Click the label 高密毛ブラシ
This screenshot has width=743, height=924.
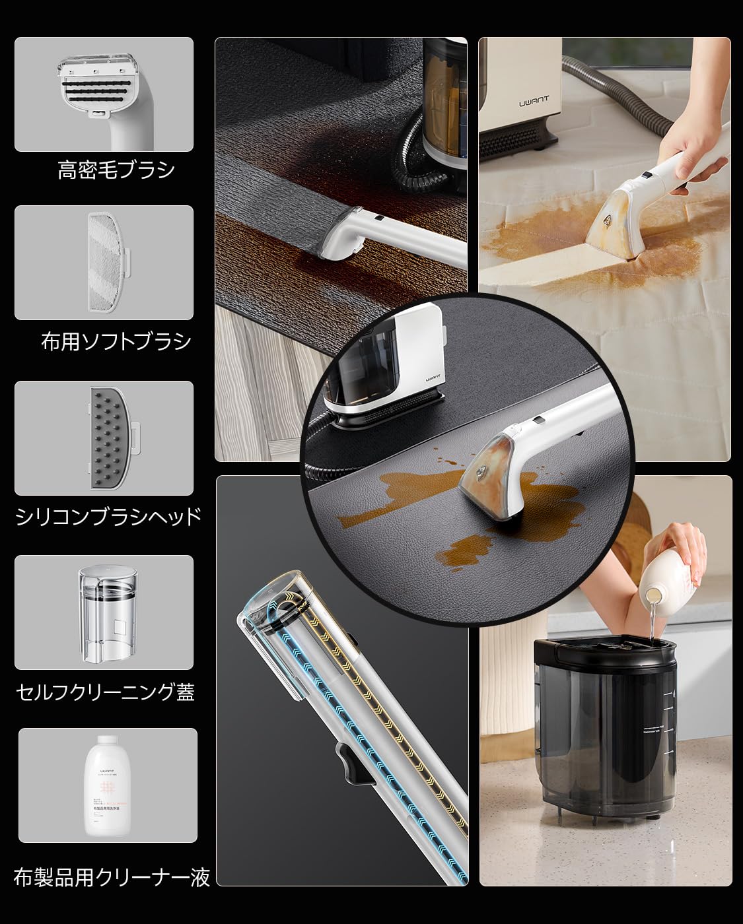coord(116,170)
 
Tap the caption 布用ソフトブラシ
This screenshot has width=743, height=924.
coord(116,341)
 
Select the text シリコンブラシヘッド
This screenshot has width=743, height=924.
coord(108,516)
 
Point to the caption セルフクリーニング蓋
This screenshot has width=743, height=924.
coord(106,692)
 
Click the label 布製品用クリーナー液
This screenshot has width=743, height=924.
coord(112,876)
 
